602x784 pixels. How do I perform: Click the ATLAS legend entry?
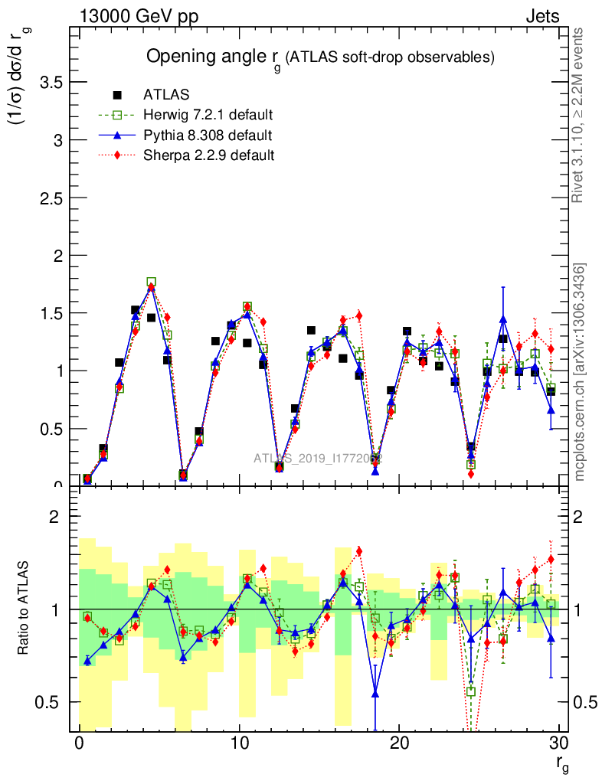point(165,96)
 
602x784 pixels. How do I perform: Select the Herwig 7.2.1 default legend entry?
point(208,116)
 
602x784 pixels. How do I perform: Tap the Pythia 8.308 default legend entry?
point(208,136)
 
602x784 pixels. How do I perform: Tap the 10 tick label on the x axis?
point(239,743)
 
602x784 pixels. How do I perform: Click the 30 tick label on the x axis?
point(559,743)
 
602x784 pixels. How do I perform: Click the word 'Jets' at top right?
point(541,16)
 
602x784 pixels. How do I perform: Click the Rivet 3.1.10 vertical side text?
point(580,115)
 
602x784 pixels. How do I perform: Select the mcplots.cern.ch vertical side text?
point(580,371)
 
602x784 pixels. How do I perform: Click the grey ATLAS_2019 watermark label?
point(318,459)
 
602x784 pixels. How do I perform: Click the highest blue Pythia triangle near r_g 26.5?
point(502,319)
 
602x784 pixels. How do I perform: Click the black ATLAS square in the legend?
point(117,96)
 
